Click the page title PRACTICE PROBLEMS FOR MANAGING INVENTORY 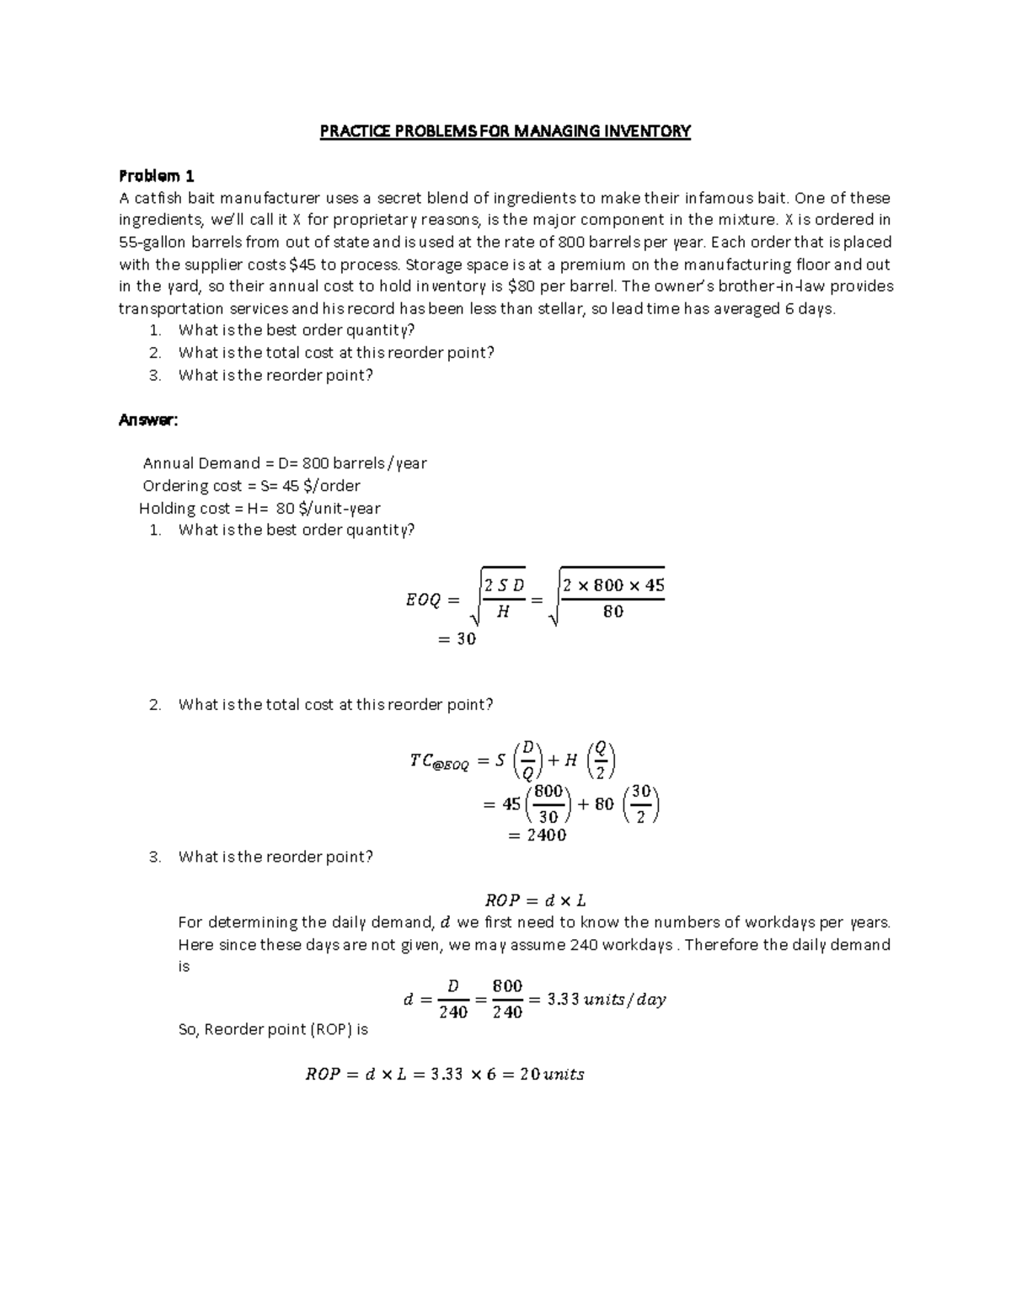coord(505,131)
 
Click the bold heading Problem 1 coord(157,176)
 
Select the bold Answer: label coord(148,419)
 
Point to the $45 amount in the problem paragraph coord(303,264)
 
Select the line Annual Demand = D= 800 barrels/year coord(285,463)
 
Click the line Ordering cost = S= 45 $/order coord(251,486)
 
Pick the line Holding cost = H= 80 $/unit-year coord(259,509)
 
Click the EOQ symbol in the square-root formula coord(423,601)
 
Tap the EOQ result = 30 coord(457,639)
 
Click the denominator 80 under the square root coord(612,612)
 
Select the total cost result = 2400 coord(537,836)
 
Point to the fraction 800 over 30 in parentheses coord(548,804)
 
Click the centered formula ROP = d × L coord(530,900)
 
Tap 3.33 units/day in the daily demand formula coord(606,1000)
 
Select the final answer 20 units coord(552,1075)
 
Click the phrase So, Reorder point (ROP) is coord(273,1029)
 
